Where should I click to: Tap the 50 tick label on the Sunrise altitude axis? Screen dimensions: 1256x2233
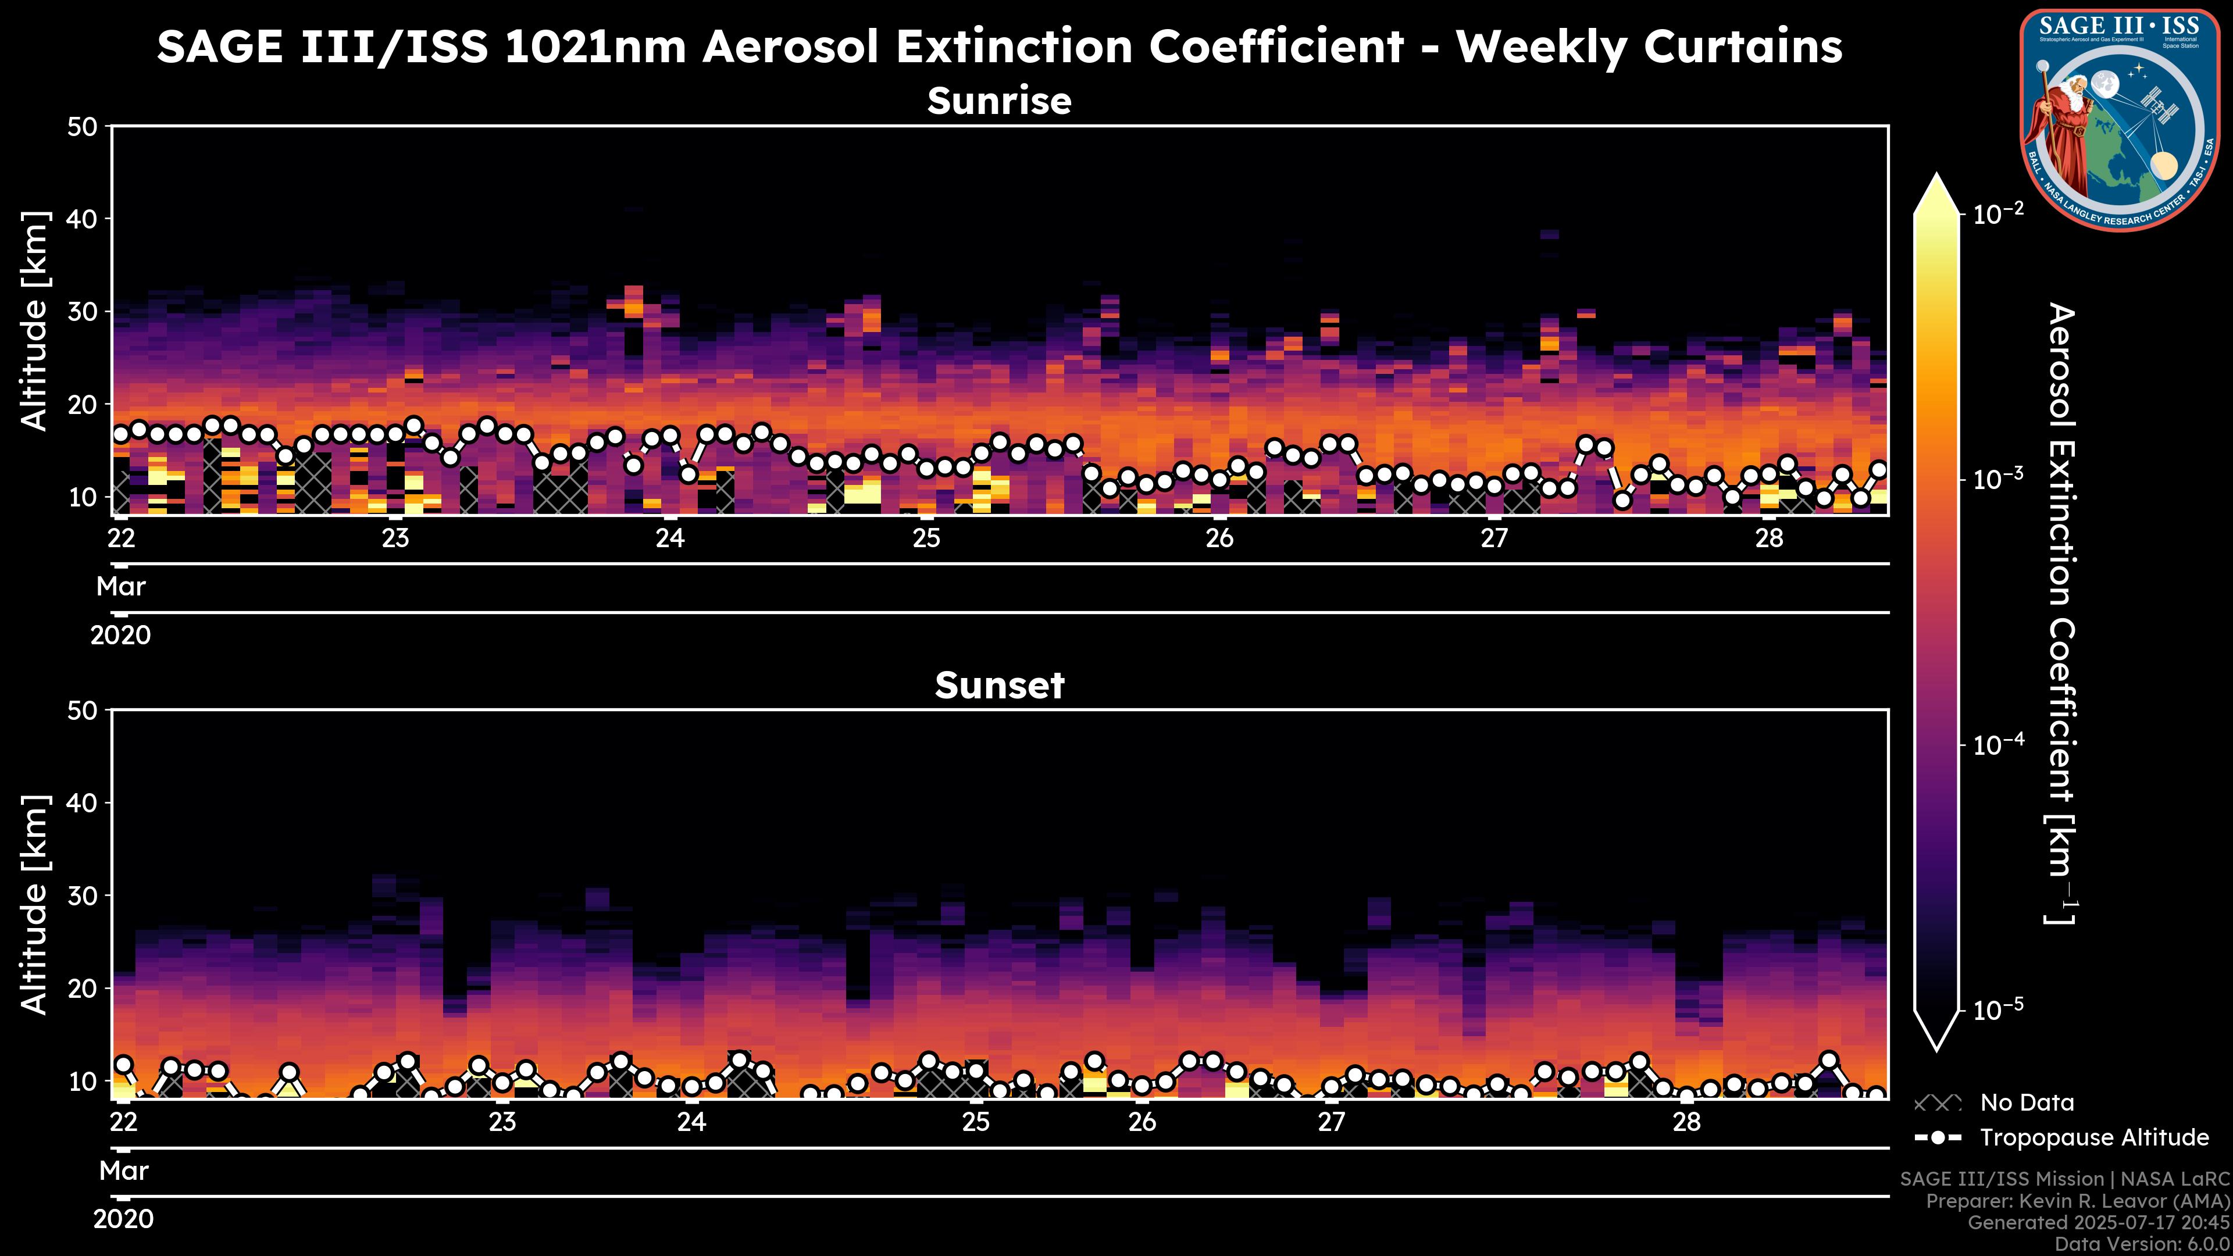pyautogui.click(x=84, y=127)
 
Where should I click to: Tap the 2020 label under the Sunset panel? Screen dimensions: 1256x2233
pyautogui.click(x=123, y=1219)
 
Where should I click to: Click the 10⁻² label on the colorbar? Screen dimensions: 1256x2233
pyautogui.click(x=1999, y=213)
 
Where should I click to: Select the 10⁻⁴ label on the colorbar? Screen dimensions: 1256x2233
pyautogui.click(x=1999, y=745)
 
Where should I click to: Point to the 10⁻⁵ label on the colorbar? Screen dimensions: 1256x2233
pyautogui.click(x=1999, y=1010)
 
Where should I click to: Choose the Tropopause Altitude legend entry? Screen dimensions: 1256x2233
pyautogui.click(x=2093, y=1138)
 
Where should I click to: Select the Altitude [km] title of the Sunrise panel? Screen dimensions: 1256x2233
pyautogui.click(x=35, y=321)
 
